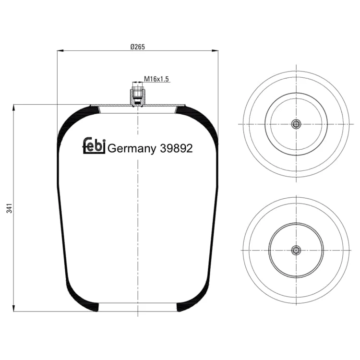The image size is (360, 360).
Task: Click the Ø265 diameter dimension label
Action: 138,47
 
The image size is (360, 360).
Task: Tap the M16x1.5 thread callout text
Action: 156,79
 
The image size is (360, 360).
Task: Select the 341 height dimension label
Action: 9,208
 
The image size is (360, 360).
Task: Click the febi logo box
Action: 94,145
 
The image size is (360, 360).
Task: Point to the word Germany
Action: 132,149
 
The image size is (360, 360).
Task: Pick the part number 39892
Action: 176,148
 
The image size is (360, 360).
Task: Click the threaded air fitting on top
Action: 138,97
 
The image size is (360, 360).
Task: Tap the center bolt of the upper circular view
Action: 296,124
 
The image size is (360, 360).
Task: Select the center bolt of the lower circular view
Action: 296,250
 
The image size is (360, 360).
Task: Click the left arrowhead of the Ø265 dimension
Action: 60,50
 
